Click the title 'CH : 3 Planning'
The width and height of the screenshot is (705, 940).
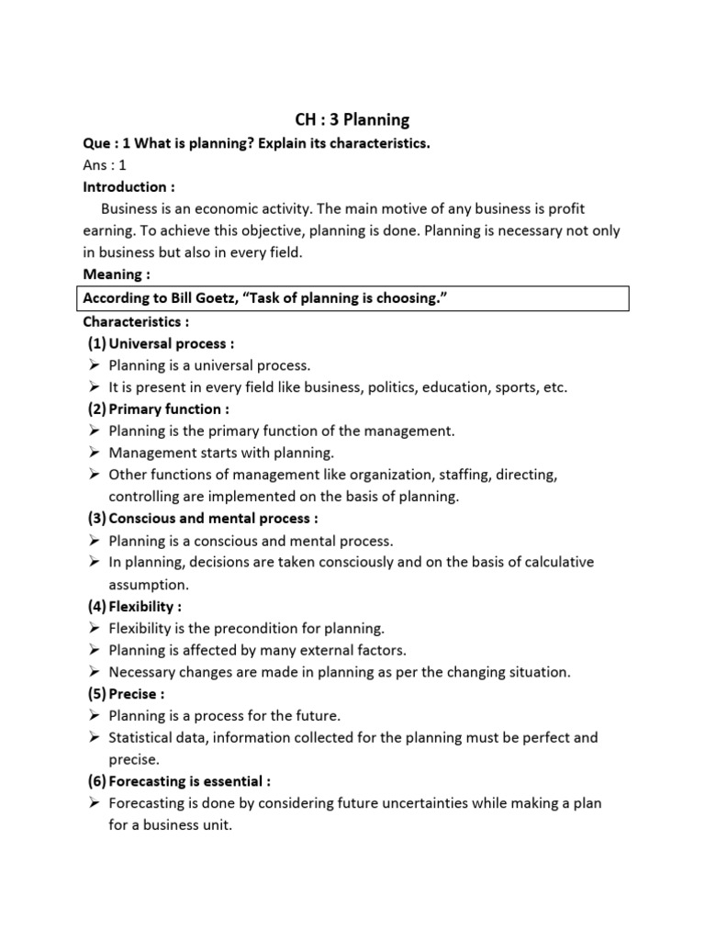[x=352, y=119]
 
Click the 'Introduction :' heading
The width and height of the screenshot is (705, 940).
[x=129, y=187]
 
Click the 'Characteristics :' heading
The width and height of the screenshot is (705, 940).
[x=135, y=321]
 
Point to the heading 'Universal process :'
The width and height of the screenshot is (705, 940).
[x=172, y=343]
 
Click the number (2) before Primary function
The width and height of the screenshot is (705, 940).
[x=96, y=408]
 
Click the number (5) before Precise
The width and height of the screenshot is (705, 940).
[x=96, y=694]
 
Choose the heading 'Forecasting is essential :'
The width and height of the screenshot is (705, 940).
[x=189, y=781]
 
